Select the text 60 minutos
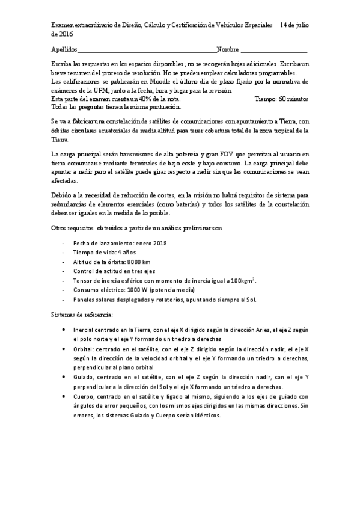click(x=291, y=98)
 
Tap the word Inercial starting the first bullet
click(x=84, y=330)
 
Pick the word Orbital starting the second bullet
click(x=83, y=348)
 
